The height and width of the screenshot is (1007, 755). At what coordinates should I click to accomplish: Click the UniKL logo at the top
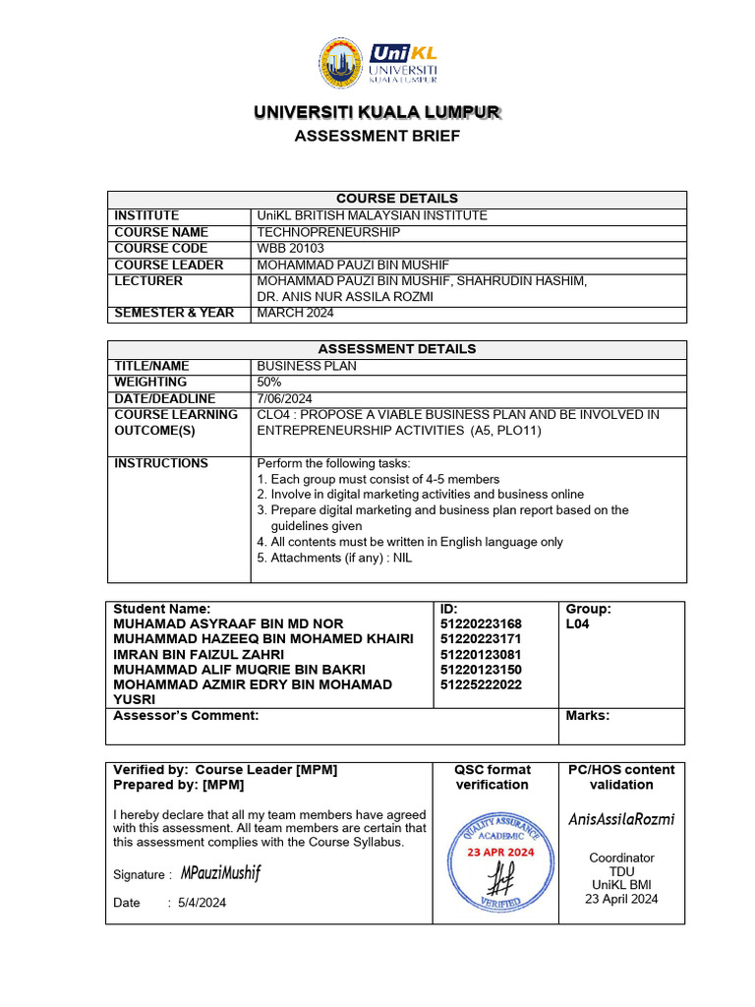377,64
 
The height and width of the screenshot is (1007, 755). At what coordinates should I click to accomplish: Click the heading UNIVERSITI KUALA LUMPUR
377,113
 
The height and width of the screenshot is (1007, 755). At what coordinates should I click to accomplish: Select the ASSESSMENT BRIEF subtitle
377,136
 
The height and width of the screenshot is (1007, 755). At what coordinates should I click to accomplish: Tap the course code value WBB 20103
290,249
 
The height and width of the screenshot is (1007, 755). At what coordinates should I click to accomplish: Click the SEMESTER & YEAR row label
174,314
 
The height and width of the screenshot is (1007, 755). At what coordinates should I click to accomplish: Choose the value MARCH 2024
295,314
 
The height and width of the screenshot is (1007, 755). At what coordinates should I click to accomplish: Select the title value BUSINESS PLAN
307,366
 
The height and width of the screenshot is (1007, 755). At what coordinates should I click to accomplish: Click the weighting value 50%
269,382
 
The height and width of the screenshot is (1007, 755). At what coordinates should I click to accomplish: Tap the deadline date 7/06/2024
284,398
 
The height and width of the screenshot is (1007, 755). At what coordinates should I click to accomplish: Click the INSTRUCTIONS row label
161,463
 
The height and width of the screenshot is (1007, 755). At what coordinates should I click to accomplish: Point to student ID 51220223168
482,624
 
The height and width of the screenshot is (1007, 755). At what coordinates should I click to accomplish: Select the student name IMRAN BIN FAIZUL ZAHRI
199,655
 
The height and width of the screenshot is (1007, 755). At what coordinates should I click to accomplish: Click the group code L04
578,624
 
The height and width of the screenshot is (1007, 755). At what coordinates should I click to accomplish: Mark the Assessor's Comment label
186,716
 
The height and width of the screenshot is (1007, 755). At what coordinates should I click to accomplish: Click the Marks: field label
588,716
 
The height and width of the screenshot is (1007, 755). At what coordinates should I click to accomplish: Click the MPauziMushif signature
221,873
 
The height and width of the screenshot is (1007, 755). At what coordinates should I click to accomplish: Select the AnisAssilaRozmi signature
621,819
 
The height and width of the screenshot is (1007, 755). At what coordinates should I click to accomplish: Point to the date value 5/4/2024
202,903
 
